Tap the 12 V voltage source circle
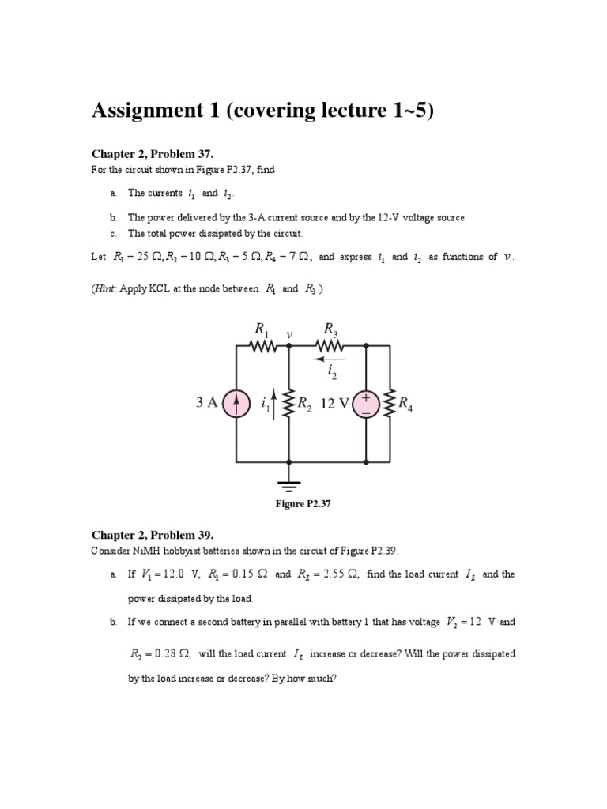366,404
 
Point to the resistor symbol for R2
288,404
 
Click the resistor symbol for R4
390,404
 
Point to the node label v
290,334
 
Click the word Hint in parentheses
108,289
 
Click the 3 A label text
207,403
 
